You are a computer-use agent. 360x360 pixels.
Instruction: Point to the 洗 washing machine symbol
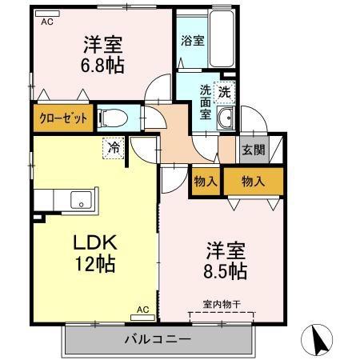pos(226,91)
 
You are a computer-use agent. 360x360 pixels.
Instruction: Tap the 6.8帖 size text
pos(101,65)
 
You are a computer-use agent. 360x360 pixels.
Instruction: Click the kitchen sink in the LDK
pos(81,199)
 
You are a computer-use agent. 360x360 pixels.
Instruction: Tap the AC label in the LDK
pos(142,309)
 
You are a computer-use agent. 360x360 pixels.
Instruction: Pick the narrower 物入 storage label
pos(206,182)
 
